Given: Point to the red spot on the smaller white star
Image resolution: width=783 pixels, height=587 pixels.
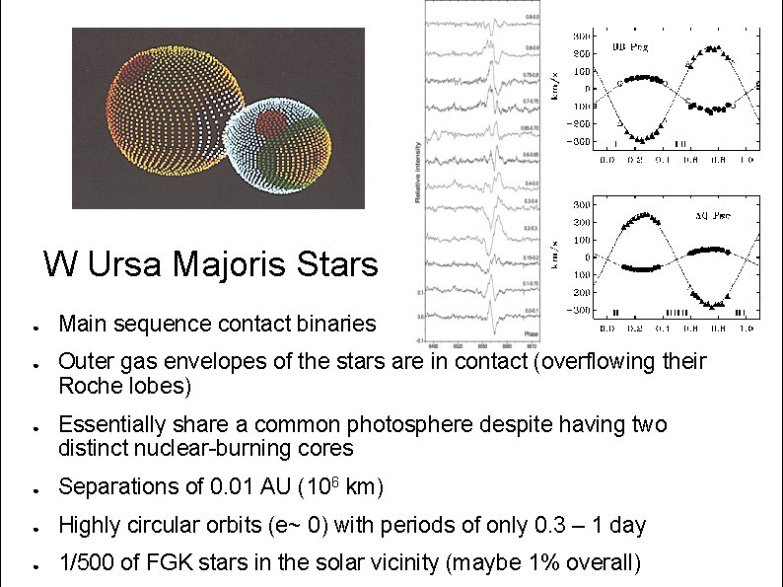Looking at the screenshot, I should [271, 123].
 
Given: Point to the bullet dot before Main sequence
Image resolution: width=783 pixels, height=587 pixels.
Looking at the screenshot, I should [35, 325].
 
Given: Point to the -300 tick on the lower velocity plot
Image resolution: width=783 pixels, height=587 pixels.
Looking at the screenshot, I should [581, 310].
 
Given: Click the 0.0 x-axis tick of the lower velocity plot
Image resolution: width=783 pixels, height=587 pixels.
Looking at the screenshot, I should [606, 328].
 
